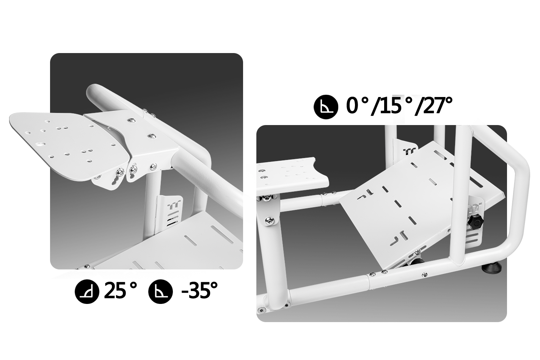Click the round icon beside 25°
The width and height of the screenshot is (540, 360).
(x=87, y=291)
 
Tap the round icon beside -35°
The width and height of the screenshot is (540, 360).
(x=160, y=291)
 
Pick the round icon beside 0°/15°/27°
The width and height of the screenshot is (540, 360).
(x=326, y=107)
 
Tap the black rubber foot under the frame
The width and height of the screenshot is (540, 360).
(x=492, y=267)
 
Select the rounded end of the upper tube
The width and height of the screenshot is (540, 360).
(x=93, y=94)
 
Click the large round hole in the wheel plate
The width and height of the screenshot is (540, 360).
(x=41, y=145)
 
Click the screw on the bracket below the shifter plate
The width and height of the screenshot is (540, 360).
(x=269, y=221)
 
